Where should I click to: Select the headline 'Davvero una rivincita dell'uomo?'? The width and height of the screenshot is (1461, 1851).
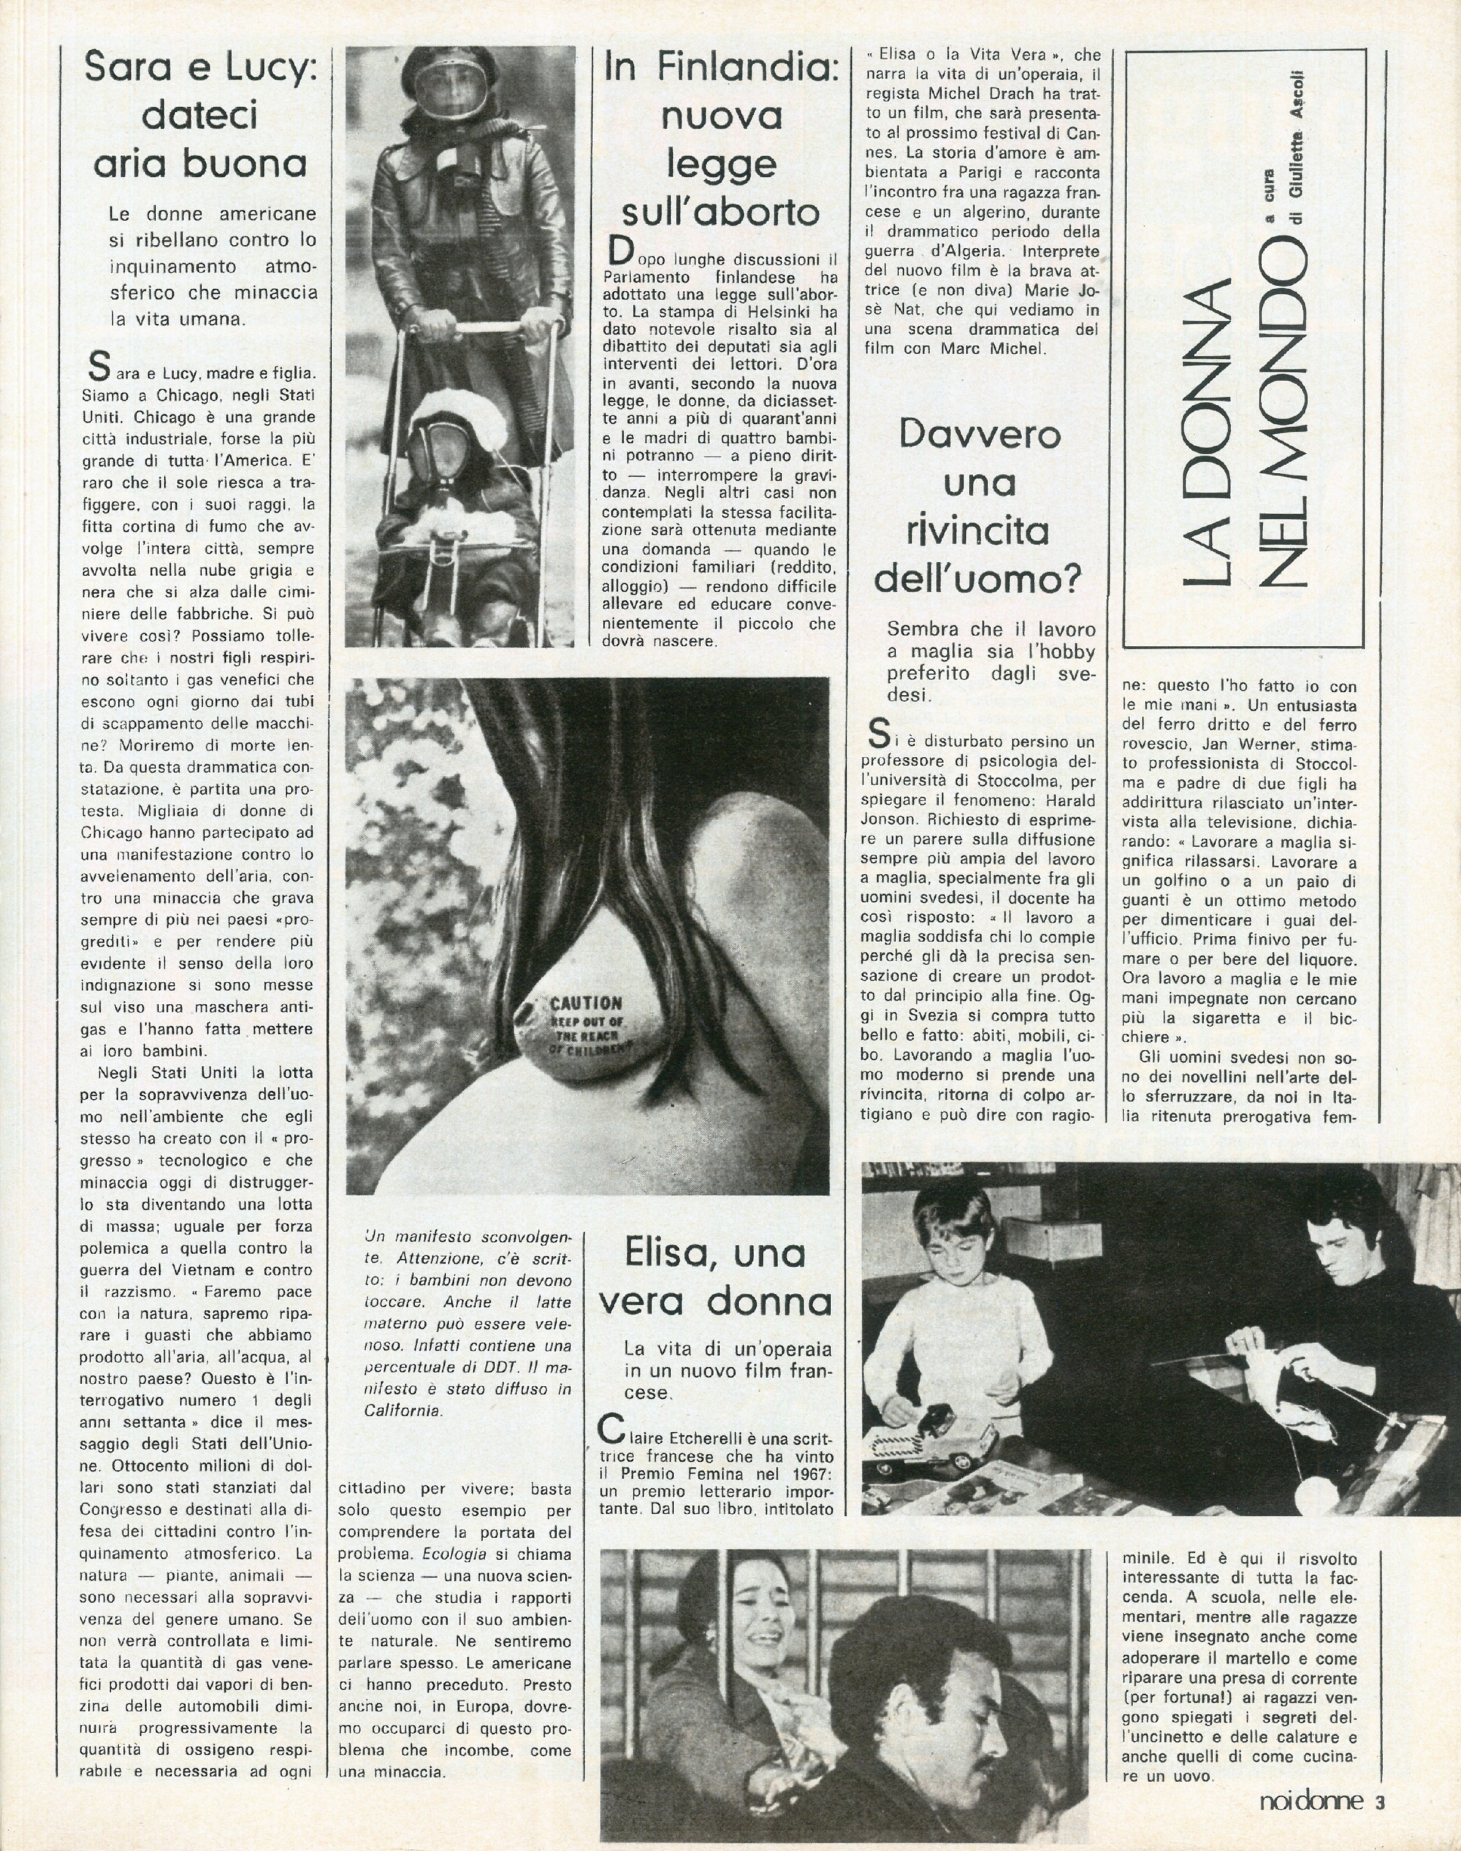click(x=978, y=507)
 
